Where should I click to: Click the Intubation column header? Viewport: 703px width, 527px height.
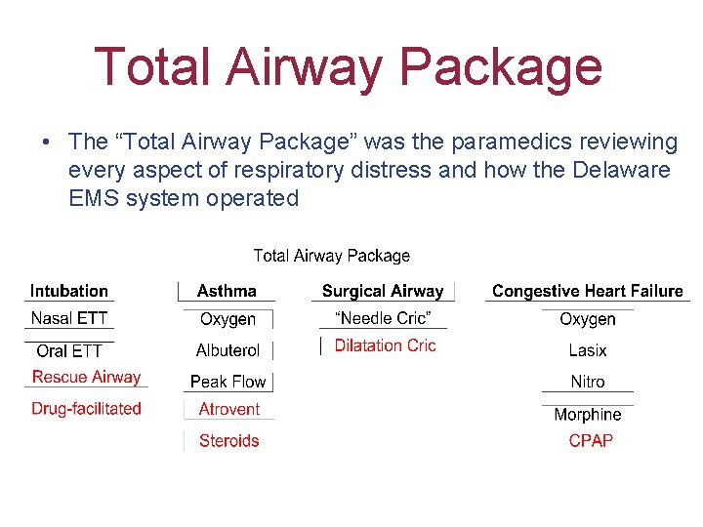click(68, 291)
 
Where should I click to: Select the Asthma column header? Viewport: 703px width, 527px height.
click(227, 291)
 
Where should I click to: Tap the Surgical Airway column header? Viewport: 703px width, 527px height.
click(383, 291)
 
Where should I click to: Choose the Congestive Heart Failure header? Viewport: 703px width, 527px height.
click(587, 291)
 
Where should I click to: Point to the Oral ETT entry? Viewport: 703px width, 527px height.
click(68, 350)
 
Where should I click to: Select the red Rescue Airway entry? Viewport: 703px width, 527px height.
click(86, 377)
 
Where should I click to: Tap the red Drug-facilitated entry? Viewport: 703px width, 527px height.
click(86, 409)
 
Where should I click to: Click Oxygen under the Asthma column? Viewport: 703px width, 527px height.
click(227, 319)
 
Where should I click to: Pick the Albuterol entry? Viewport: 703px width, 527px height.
click(227, 350)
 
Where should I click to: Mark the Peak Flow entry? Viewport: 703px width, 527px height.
click(227, 382)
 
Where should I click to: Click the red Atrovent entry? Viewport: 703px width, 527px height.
click(228, 410)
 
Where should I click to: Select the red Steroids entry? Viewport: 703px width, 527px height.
click(228, 441)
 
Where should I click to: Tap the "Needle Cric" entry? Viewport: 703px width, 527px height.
click(383, 319)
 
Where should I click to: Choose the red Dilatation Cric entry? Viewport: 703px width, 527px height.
click(385, 345)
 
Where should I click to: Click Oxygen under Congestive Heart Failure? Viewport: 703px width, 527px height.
click(587, 319)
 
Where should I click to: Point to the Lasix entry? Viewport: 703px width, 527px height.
click(587, 350)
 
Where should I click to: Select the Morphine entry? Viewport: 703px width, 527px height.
click(587, 415)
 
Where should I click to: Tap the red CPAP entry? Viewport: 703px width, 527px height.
click(591, 441)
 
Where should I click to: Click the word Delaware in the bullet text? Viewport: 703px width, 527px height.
click(623, 170)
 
